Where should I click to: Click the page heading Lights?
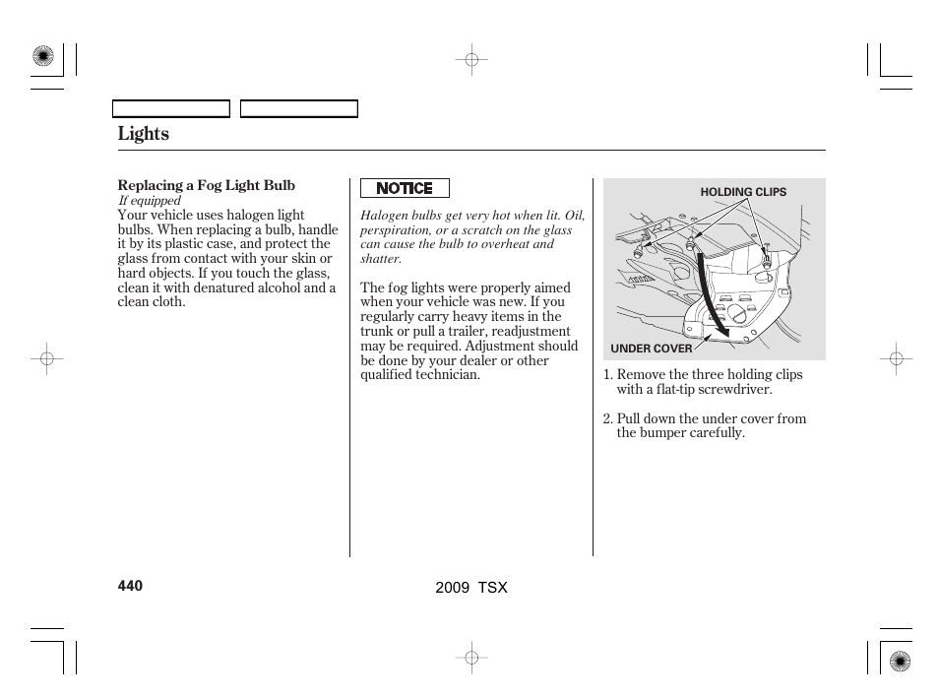[143, 134]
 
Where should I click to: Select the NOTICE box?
[405, 188]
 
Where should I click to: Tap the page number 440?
[130, 586]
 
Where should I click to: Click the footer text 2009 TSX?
[470, 587]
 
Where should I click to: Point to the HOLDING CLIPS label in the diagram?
[743, 192]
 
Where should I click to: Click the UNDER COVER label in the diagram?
[651, 349]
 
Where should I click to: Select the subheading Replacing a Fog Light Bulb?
[206, 185]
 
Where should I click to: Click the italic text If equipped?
[150, 201]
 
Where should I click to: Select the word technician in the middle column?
[444, 375]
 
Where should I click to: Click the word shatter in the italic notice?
[380, 259]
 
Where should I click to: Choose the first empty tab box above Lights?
[171, 109]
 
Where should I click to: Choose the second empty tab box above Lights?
[299, 109]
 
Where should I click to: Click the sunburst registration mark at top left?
[42, 57]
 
